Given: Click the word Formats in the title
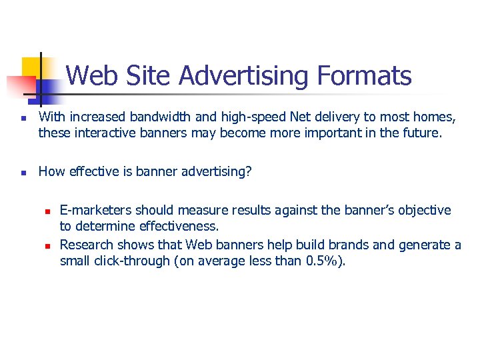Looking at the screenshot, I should pyautogui.click(x=365, y=76).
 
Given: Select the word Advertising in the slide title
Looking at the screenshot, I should pyautogui.click(x=245, y=76).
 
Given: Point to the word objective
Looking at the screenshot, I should pyautogui.click(x=424, y=211).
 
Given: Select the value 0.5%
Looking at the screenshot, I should pyautogui.click(x=327, y=261).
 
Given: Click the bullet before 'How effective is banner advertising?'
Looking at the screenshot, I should pyautogui.click(x=23, y=173).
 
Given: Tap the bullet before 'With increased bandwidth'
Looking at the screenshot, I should pyautogui.click(x=23, y=119).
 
